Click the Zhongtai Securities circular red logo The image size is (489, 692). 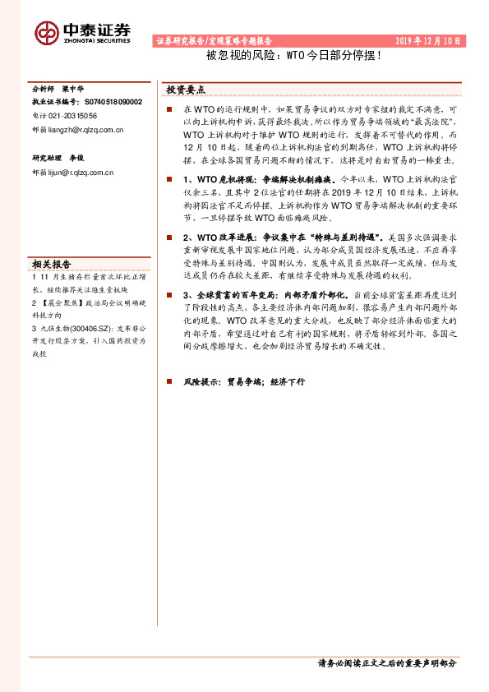click(x=46, y=32)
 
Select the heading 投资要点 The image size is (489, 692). click(x=187, y=90)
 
